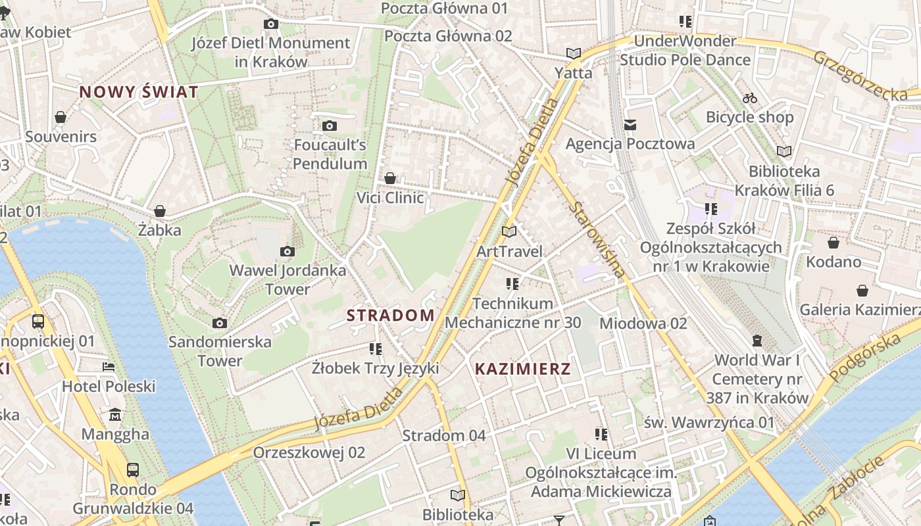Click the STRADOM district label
pyautogui.click(x=390, y=316)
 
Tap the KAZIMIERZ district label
pyautogui.click(x=522, y=369)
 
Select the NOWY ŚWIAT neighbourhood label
pyautogui.click(x=138, y=92)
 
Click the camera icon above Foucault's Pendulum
pyautogui.click(x=330, y=126)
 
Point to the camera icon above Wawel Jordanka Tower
pyautogui.click(x=287, y=251)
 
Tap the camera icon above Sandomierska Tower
pyautogui.click(x=220, y=323)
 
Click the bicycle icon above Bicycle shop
pyautogui.click(x=749, y=99)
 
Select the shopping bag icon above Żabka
pyautogui.click(x=159, y=211)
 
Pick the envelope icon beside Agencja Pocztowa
pyautogui.click(x=630, y=124)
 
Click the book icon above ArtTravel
pyautogui.click(x=509, y=231)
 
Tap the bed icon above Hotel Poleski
pyautogui.click(x=109, y=366)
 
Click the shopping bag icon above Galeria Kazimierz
pyautogui.click(x=862, y=291)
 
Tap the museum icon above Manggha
pyautogui.click(x=116, y=415)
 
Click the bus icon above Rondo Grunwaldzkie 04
pyautogui.click(x=133, y=469)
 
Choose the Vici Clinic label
pyautogui.click(x=390, y=197)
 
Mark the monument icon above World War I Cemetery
pyautogui.click(x=757, y=341)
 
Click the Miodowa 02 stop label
pyautogui.click(x=643, y=323)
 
